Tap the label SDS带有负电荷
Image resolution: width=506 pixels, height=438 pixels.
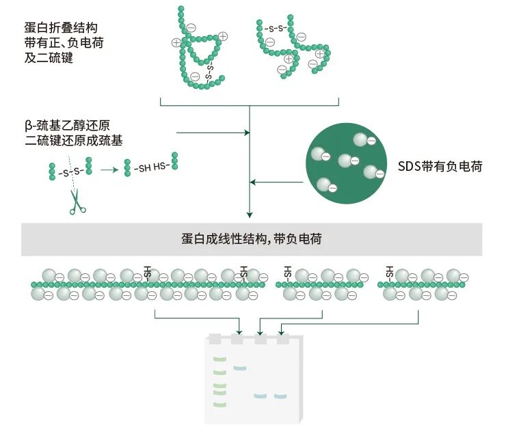point(440,165)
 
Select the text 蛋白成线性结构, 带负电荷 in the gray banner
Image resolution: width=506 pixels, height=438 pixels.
point(252,239)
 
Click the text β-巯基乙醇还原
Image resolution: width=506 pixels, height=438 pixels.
point(66,126)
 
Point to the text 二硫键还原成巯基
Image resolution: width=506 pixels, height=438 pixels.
point(70,141)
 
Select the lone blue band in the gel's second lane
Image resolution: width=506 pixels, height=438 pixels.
point(239,368)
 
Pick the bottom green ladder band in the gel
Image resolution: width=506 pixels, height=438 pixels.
point(219,404)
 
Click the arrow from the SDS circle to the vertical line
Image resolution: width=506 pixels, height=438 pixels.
point(277,182)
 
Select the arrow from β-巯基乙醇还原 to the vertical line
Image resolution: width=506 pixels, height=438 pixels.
point(212,131)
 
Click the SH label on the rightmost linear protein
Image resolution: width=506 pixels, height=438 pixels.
point(390,271)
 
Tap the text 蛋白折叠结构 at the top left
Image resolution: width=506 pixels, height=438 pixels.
point(60,28)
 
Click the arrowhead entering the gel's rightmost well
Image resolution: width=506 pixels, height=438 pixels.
point(281,333)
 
